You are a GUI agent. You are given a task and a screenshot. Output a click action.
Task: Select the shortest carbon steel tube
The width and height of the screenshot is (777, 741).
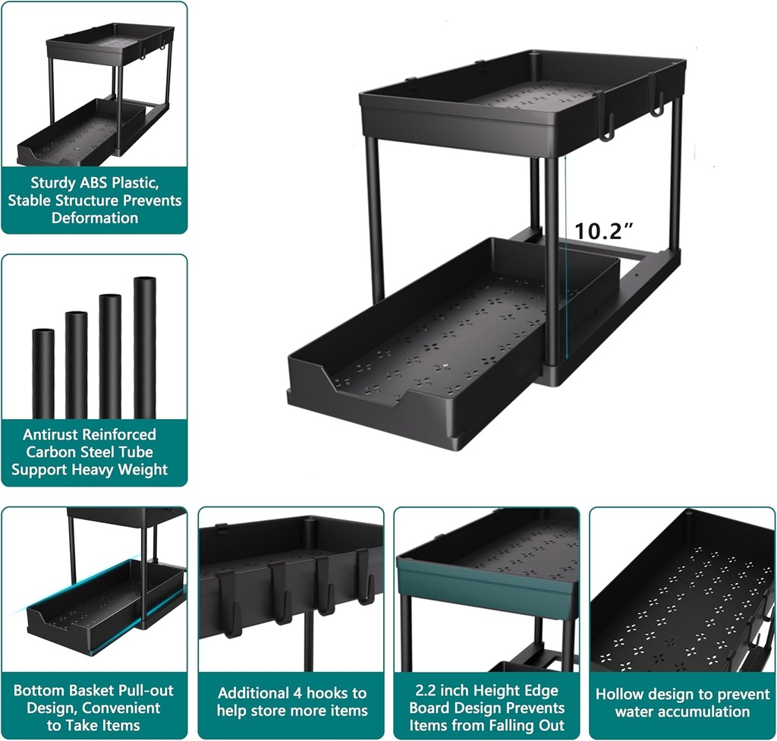tap(43, 374)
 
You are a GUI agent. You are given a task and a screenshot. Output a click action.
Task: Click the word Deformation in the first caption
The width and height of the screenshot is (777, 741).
tap(95, 218)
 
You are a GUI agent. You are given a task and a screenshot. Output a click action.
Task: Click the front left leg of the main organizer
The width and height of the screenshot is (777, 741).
tap(375, 220)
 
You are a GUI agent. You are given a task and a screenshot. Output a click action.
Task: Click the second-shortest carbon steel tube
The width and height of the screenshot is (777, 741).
tap(76, 364)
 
